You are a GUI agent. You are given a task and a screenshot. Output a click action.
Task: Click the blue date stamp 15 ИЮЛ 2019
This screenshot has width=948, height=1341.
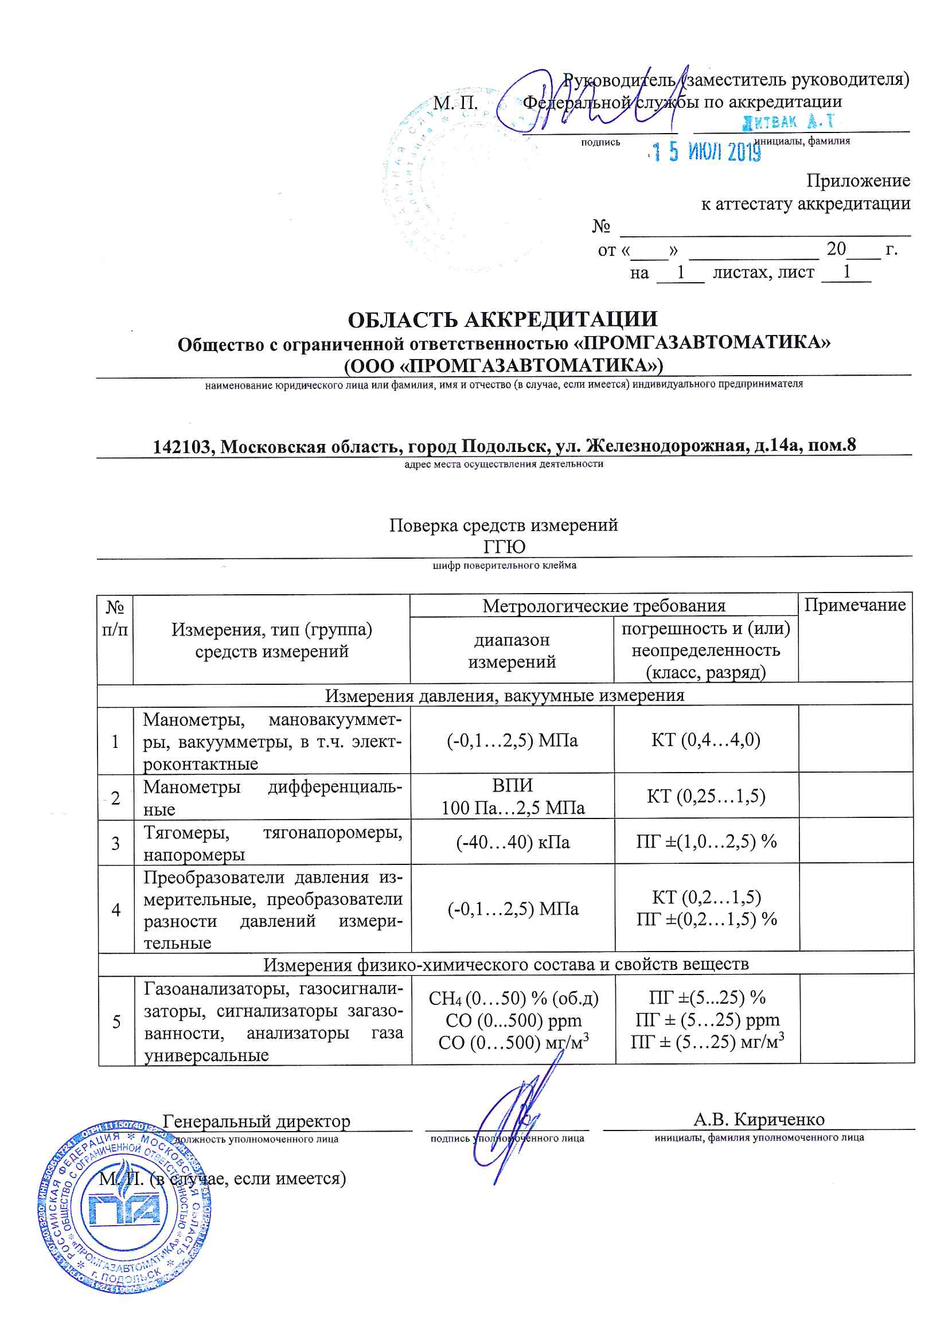[x=707, y=152]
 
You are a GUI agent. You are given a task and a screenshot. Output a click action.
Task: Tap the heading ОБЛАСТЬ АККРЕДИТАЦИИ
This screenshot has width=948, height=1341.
[x=502, y=319]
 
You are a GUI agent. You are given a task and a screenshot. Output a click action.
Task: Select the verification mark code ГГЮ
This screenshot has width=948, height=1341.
[x=504, y=547]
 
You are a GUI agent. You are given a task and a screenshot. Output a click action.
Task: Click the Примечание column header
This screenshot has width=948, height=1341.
[x=855, y=605]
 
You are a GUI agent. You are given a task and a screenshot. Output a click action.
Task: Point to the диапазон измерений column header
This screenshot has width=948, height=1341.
[x=512, y=650]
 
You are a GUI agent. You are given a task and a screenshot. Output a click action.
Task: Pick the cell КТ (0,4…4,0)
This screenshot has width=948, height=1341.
[x=705, y=740]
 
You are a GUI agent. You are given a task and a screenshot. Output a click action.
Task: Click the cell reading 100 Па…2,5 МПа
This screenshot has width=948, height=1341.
[x=513, y=808]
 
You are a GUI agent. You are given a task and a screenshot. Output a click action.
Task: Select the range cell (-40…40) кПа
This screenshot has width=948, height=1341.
[x=513, y=842]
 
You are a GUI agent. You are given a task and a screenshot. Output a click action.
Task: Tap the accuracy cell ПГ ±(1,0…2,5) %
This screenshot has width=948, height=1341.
[x=706, y=841]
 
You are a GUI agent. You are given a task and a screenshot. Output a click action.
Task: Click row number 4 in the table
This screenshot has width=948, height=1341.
[x=116, y=909]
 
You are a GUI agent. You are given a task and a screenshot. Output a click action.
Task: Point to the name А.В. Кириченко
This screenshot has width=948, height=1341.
[x=759, y=1120]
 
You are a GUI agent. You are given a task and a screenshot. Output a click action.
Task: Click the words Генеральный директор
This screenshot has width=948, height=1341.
[x=256, y=1121]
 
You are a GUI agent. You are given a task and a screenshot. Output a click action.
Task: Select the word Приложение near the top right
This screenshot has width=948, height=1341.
[x=857, y=181]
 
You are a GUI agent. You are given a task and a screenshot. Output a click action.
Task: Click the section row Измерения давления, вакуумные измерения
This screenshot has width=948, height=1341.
[x=504, y=696]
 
